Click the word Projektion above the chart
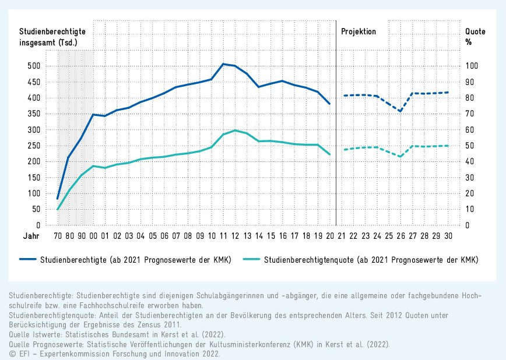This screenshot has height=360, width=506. pyautogui.click(x=358, y=31)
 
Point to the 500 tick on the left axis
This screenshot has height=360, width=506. pyautogui.click(x=34, y=66)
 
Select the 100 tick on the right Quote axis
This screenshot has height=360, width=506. pyautogui.click(x=470, y=66)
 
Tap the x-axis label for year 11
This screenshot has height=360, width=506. pyautogui.click(x=223, y=237)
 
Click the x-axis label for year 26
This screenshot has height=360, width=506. pyautogui.click(x=400, y=237)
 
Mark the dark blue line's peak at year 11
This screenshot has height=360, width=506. pyautogui.click(x=223, y=63)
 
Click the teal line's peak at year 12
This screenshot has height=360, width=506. pyautogui.click(x=235, y=130)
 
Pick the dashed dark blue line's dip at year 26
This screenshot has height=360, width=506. pyautogui.click(x=400, y=111)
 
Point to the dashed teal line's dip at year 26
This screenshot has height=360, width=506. pyautogui.click(x=400, y=156)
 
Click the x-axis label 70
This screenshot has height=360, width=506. pyautogui.click(x=58, y=237)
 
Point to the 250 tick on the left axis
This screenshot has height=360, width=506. pyautogui.click(x=34, y=146)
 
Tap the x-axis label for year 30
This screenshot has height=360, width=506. pyautogui.click(x=448, y=237)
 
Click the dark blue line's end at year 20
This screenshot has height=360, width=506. pyautogui.click(x=330, y=104)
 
